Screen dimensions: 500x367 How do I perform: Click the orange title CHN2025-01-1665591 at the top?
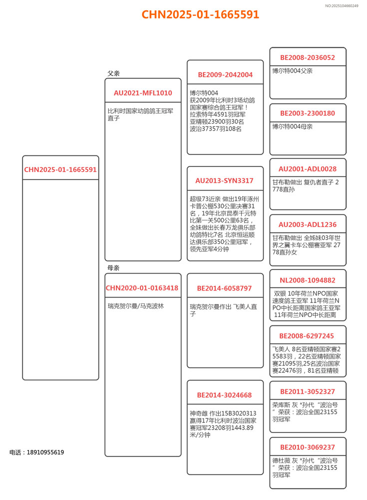click(200, 14)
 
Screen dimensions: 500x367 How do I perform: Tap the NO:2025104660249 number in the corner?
click(342, 5)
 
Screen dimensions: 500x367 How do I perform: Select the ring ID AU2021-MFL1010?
click(143, 93)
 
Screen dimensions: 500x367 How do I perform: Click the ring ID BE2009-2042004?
click(225, 74)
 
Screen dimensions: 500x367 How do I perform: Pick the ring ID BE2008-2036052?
click(308, 58)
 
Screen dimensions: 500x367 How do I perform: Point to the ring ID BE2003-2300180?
click(308, 113)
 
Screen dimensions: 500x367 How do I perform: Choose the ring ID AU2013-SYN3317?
click(225, 180)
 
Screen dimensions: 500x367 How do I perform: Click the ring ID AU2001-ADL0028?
click(308, 169)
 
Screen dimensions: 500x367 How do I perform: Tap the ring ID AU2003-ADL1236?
click(308, 224)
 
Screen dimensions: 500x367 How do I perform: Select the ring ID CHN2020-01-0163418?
click(142, 288)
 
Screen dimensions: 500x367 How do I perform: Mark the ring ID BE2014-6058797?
click(225, 288)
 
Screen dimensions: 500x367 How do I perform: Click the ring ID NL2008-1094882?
click(308, 280)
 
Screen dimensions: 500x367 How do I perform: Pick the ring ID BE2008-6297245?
click(308, 336)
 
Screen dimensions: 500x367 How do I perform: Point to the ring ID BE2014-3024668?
click(225, 395)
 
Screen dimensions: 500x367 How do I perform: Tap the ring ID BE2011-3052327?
click(308, 391)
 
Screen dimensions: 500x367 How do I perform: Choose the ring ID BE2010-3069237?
click(308, 447)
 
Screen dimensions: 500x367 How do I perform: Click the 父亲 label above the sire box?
click(113, 73)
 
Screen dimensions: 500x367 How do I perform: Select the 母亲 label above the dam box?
click(113, 268)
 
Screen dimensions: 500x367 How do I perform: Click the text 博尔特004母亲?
click(293, 126)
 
